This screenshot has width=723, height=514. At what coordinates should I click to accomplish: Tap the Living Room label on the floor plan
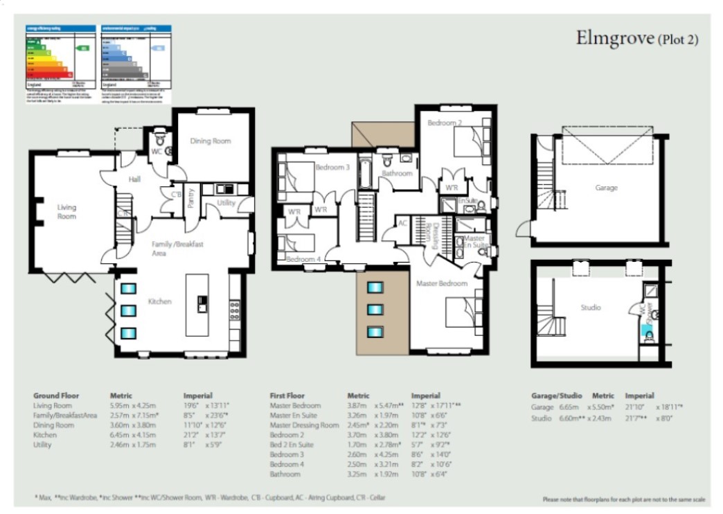(x=66, y=211)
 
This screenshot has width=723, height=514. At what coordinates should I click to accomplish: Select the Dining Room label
(x=210, y=141)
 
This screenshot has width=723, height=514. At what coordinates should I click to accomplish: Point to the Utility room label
(x=226, y=203)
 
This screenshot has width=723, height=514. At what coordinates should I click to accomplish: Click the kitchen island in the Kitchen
(x=197, y=304)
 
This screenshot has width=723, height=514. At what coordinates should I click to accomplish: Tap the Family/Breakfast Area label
(x=177, y=248)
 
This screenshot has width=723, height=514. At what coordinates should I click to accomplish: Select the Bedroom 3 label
(x=332, y=167)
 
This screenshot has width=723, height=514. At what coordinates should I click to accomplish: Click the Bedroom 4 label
(x=303, y=258)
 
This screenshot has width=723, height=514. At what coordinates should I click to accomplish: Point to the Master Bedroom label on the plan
(x=441, y=283)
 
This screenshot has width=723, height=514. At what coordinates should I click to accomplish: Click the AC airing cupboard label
(x=402, y=224)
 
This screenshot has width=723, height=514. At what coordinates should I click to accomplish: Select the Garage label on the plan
(x=606, y=188)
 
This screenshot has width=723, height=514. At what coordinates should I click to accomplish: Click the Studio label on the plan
(x=590, y=308)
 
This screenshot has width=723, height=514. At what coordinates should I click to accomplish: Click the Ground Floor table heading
(x=56, y=396)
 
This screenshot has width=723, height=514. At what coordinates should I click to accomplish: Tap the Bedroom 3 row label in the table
(x=286, y=454)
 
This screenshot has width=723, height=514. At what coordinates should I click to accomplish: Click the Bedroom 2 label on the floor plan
(x=444, y=123)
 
